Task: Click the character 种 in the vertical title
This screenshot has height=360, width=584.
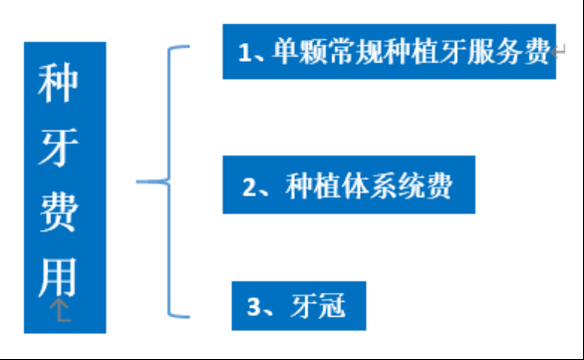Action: click(x=58, y=83)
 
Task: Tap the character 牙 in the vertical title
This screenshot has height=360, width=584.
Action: click(x=58, y=148)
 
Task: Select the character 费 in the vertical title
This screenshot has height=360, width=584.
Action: click(x=58, y=211)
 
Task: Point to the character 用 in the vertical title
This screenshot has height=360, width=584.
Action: click(x=58, y=277)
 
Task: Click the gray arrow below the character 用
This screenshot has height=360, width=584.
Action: click(x=60, y=309)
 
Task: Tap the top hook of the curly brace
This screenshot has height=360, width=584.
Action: click(x=178, y=47)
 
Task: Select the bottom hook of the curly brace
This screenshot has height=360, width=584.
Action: click(x=178, y=316)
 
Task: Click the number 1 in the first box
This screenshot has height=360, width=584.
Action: click(x=244, y=52)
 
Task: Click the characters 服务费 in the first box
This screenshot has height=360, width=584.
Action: click(x=509, y=52)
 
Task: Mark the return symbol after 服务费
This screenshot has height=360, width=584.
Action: click(x=558, y=51)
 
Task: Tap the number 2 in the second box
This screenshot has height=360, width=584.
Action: click(x=249, y=187)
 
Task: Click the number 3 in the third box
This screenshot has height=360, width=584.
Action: click(x=254, y=307)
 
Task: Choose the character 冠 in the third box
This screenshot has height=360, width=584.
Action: click(x=332, y=306)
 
